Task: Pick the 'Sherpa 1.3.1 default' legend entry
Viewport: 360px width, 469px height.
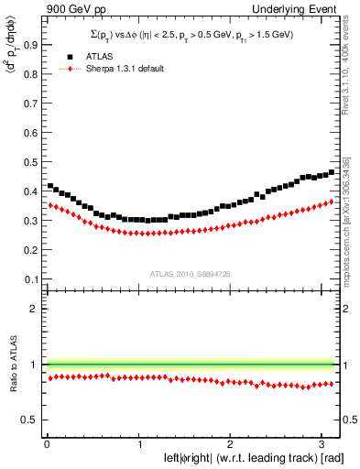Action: (118, 69)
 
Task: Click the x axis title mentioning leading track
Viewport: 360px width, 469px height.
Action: (252, 457)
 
